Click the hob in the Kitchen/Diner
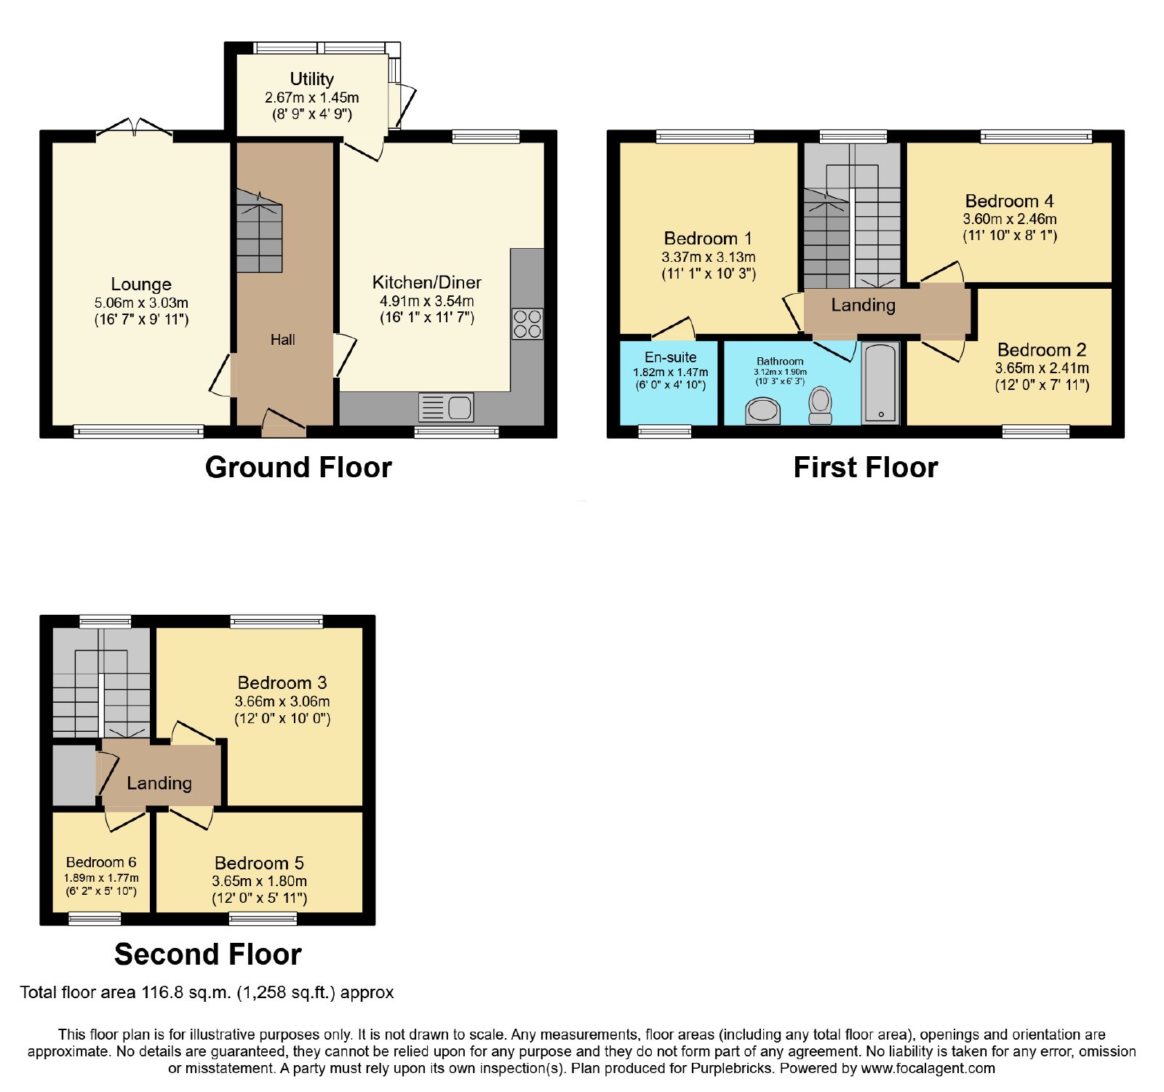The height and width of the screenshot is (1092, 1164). click(527, 324)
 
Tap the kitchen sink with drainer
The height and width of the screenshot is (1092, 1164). click(446, 407)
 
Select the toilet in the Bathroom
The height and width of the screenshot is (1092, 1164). click(821, 405)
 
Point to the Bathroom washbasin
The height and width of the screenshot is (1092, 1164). click(762, 411)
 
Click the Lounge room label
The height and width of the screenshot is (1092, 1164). click(141, 284)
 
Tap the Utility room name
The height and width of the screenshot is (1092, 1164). click(312, 79)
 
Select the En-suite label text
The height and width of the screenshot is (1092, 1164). click(671, 357)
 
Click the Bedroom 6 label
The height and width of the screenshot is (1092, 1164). click(101, 862)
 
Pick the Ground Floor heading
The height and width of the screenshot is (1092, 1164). click(298, 467)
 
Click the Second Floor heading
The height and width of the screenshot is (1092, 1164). click(208, 954)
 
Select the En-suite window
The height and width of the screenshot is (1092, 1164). click(665, 431)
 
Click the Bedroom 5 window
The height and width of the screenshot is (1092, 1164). click(263, 919)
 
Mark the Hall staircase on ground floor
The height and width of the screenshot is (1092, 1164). click(259, 231)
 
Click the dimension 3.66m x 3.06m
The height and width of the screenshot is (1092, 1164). click(282, 702)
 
